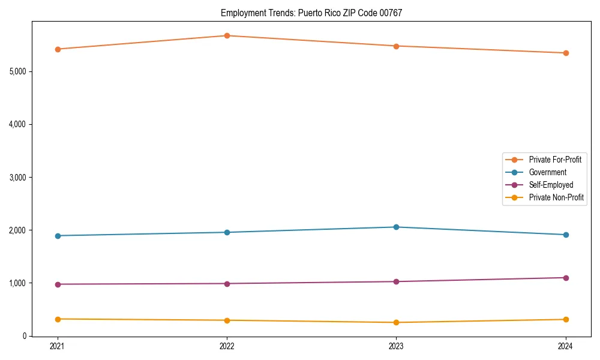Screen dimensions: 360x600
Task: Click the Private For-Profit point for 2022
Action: pos(227,36)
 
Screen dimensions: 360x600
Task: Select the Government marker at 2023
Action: pos(396,227)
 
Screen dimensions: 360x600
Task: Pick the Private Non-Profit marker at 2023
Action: pos(396,323)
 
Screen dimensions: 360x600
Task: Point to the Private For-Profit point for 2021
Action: pos(58,49)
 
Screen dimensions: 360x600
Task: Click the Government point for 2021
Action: pos(58,236)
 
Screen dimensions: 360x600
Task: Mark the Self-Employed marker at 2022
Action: pos(227,284)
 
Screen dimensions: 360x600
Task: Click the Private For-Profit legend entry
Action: pos(554,160)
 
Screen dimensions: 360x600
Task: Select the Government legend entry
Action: pos(547,172)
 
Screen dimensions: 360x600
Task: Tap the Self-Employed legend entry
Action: pos(551,185)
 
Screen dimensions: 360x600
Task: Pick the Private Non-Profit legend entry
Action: pos(556,197)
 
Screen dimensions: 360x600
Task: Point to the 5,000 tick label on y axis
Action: pos(17,71)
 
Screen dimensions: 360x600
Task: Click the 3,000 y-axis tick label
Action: pos(17,178)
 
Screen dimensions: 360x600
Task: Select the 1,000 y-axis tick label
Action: pos(17,283)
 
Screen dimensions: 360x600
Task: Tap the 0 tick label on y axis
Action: pos(25,336)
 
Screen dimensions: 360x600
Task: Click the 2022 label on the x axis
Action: pos(227,346)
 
